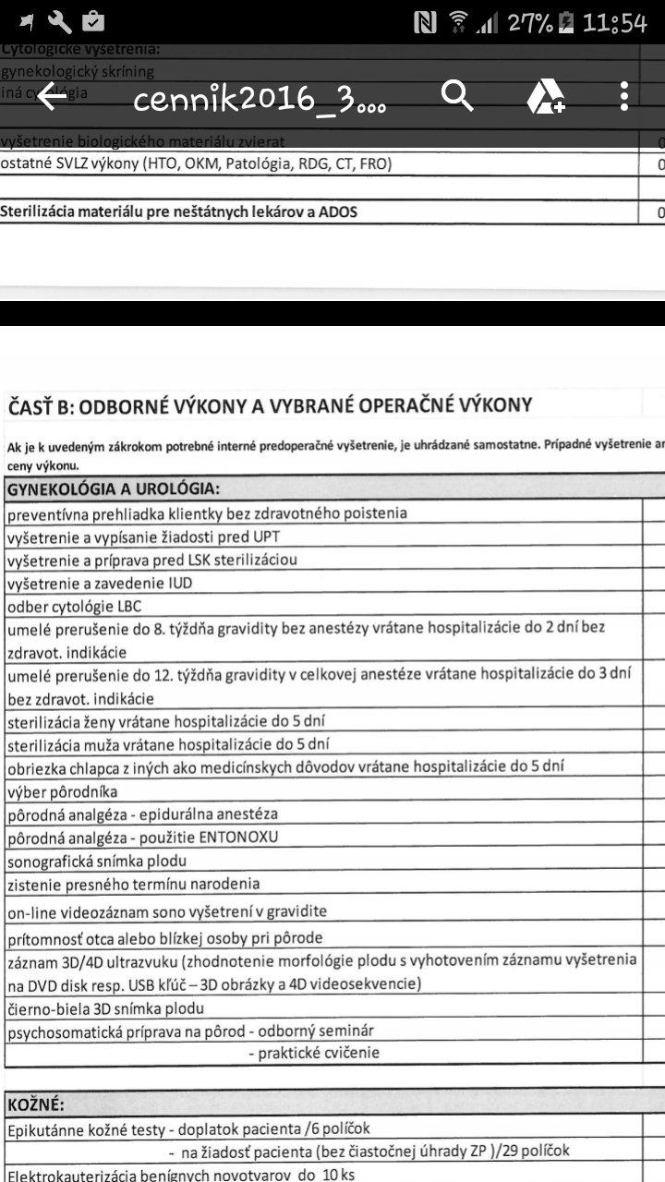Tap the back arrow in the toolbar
click(52, 96)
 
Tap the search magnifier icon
click(457, 95)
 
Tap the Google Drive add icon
click(545, 96)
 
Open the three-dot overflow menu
click(625, 96)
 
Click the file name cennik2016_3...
click(259, 100)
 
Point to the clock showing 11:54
click(614, 23)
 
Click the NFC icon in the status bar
click(425, 23)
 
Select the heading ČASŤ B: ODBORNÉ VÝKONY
click(270, 405)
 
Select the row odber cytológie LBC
click(75, 607)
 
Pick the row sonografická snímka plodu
click(97, 861)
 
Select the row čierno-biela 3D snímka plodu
click(105, 1008)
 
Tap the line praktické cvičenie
click(314, 1053)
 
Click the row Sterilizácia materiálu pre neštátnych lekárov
click(179, 212)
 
